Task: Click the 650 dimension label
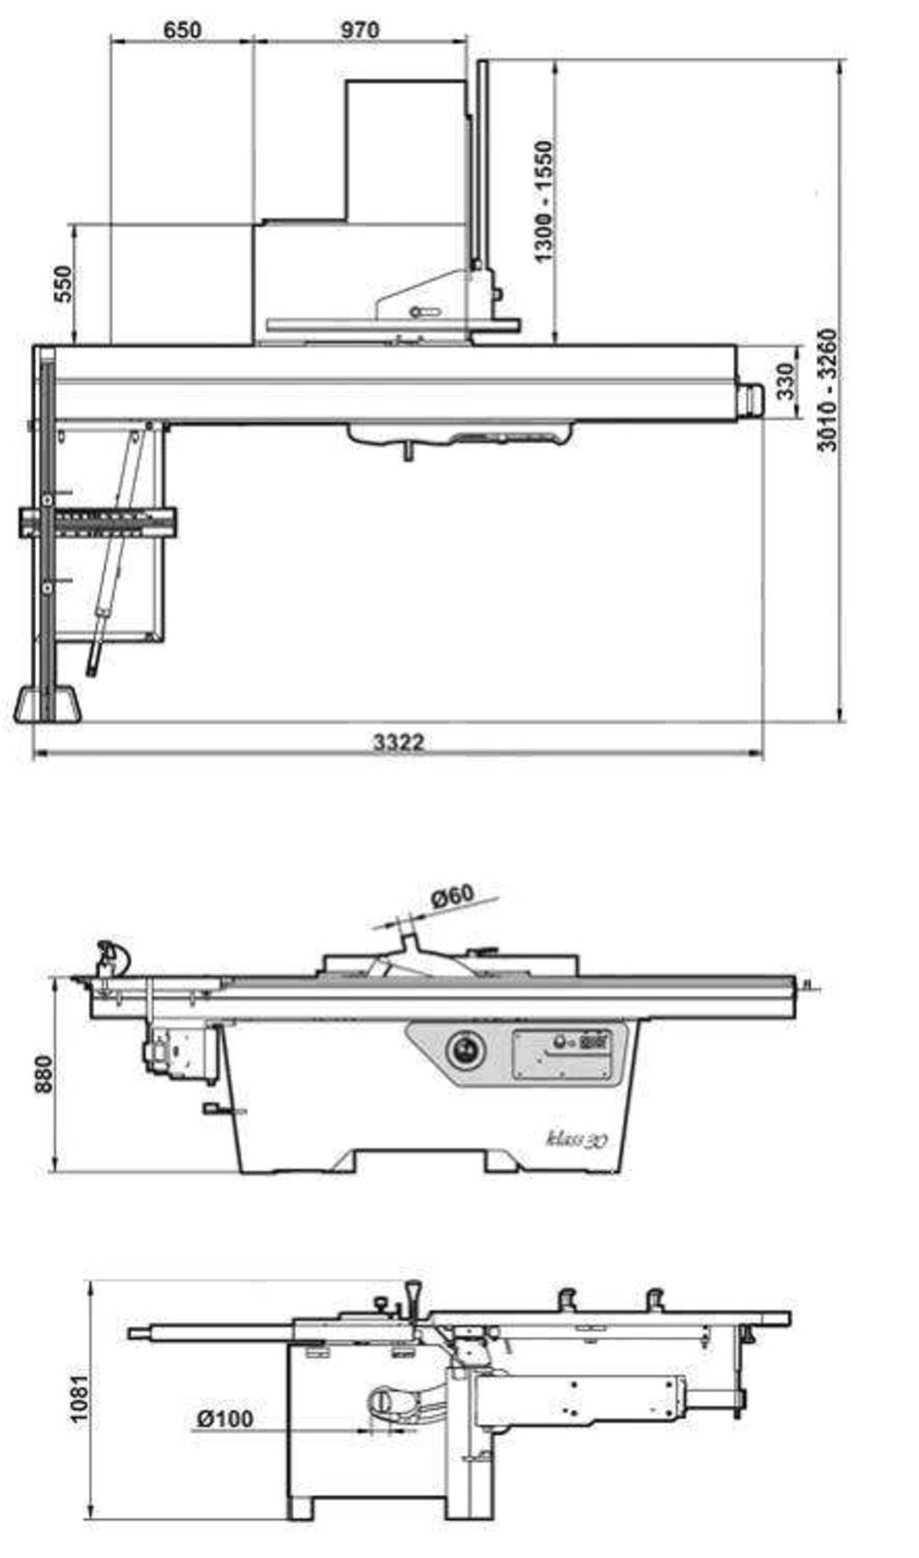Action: [181, 30]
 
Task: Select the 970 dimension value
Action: [360, 30]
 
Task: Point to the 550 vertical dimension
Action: [63, 283]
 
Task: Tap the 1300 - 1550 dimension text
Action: [543, 201]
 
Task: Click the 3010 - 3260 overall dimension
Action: [827, 391]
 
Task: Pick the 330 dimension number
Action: [785, 381]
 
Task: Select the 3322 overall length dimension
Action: [398, 742]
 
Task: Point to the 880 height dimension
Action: [43, 1074]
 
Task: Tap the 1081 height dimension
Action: [80, 1397]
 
